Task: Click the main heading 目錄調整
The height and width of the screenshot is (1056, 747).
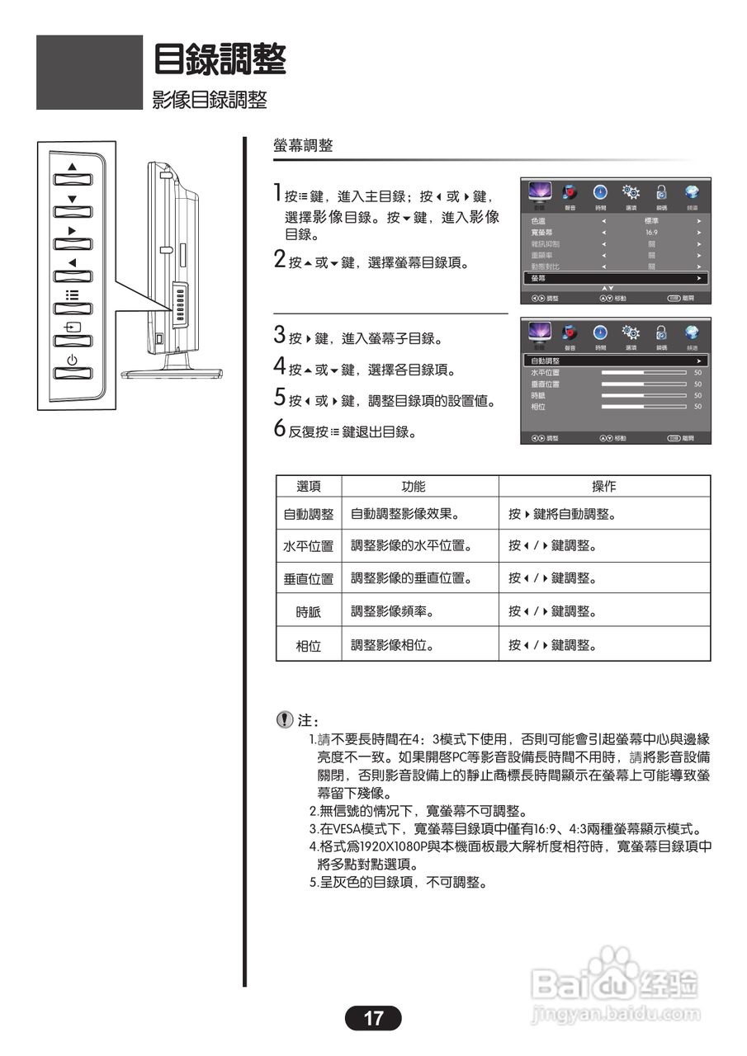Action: click(220, 59)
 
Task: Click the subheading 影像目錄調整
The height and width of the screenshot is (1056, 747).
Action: click(210, 101)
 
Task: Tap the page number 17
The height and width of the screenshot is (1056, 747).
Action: click(373, 1018)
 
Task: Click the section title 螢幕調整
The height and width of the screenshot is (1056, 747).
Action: click(303, 146)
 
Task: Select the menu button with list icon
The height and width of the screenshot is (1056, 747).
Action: click(72, 305)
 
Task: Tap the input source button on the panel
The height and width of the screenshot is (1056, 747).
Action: click(72, 337)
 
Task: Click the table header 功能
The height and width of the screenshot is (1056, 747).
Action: click(419, 487)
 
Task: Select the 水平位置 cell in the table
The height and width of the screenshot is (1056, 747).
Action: click(308, 546)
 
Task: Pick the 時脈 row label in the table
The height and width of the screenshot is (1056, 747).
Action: click(308, 612)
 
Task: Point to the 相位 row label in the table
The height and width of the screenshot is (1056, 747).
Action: click(308, 645)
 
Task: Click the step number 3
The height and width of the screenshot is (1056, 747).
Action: click(280, 336)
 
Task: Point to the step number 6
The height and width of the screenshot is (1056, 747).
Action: click(280, 430)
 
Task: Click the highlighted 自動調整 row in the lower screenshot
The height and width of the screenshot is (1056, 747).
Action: click(615, 361)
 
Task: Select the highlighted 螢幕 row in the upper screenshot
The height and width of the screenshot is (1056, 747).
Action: click(615, 279)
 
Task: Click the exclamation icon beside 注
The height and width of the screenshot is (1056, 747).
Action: click(285, 719)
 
